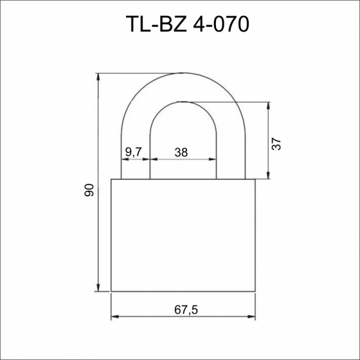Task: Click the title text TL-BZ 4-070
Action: pyautogui.click(x=187, y=25)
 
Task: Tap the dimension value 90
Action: pyautogui.click(x=89, y=190)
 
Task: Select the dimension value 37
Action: pyautogui.click(x=276, y=144)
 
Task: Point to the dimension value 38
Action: pyautogui.click(x=181, y=152)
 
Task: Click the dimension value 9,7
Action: pyautogui.click(x=134, y=152)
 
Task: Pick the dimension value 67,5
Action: pyautogui.click(x=186, y=310)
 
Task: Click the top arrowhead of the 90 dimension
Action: pyautogui.click(x=98, y=77)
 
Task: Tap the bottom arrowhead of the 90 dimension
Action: pyautogui.click(x=98, y=288)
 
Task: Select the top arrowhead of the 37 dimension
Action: pyautogui.click(x=268, y=106)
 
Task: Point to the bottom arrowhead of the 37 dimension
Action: pyautogui.click(x=268, y=175)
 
